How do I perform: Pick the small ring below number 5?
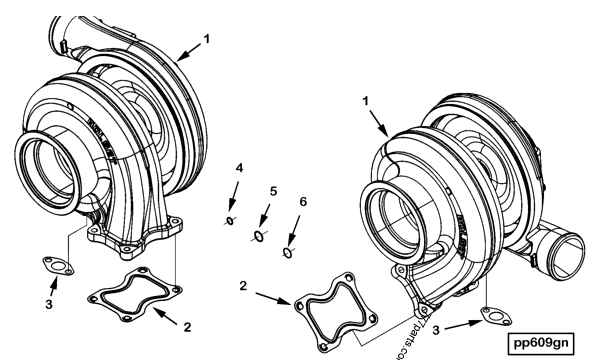tap(258, 235)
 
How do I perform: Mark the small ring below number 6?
tap(287, 253)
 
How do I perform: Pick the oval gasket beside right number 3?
tap(493, 315)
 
